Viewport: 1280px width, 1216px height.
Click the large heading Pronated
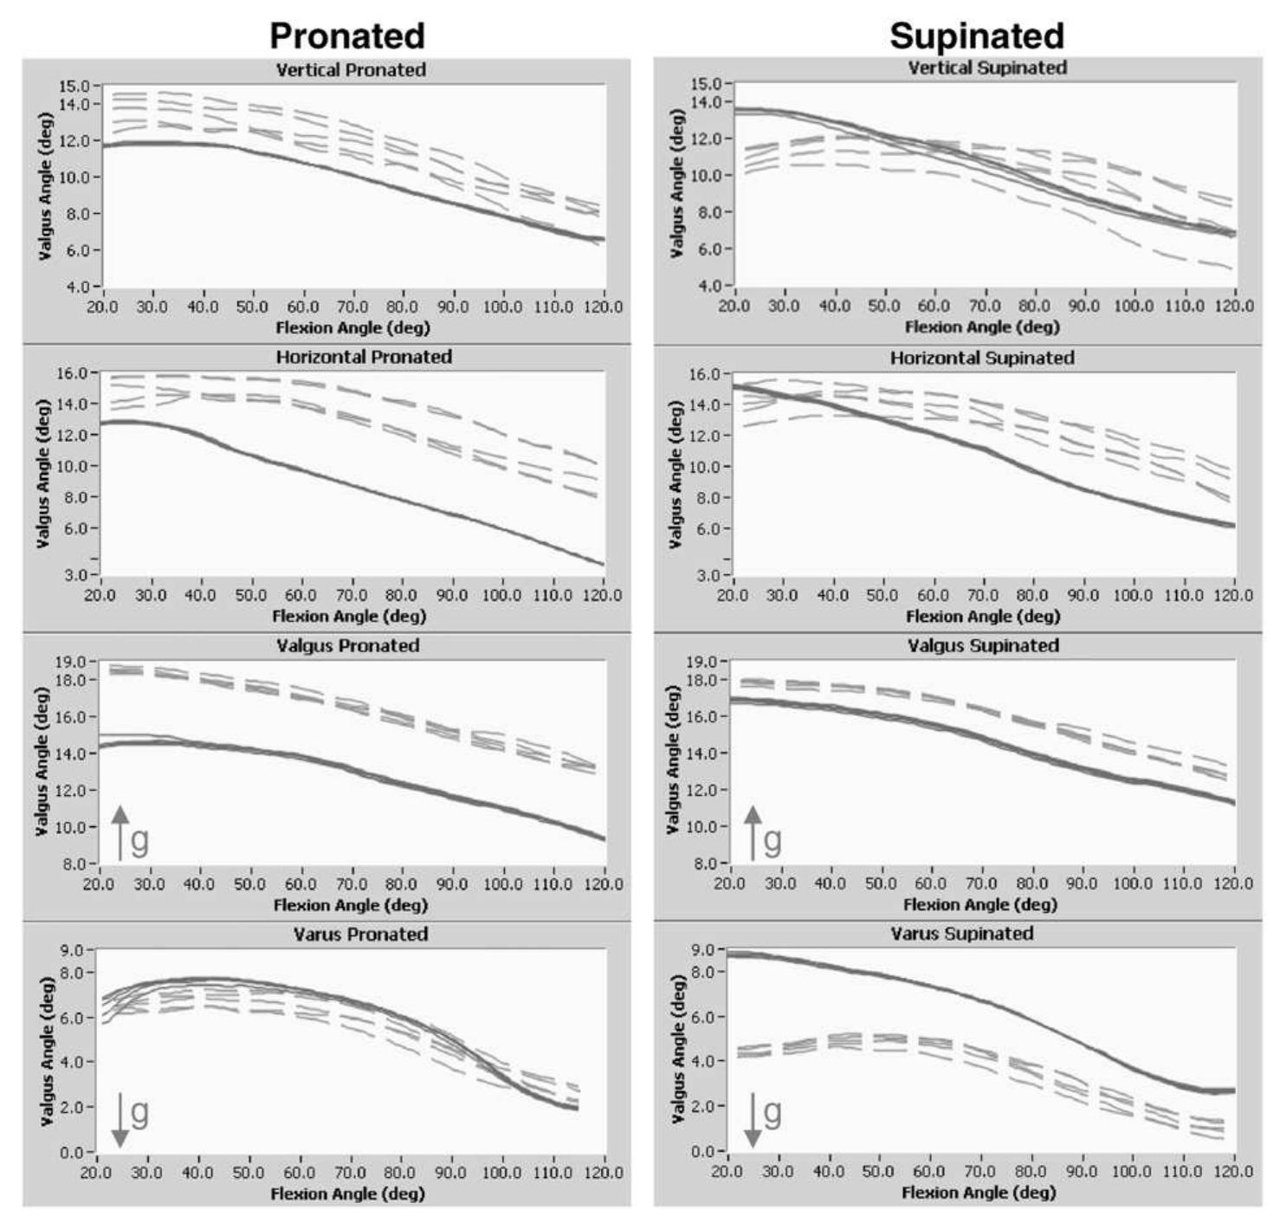[x=347, y=36]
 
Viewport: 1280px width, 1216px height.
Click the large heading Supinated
[x=976, y=36]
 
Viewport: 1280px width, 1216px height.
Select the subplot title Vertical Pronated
[x=351, y=69]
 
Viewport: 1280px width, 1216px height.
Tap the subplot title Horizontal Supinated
[x=982, y=358]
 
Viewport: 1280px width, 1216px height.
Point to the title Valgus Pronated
[x=347, y=645]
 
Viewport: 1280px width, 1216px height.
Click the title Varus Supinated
[x=962, y=934]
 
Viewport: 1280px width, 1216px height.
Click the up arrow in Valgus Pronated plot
[x=120, y=831]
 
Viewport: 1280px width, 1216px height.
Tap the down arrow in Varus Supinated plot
[x=753, y=1119]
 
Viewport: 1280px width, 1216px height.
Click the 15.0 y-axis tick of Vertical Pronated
[x=74, y=86]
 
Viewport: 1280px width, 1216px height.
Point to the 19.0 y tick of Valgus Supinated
[x=701, y=662]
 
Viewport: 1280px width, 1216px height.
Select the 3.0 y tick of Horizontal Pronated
[x=74, y=574]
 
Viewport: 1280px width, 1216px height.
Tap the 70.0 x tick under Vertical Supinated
[x=984, y=306]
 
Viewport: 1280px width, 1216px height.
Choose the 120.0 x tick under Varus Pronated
[x=603, y=1172]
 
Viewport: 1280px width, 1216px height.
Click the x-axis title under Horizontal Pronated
[x=349, y=616]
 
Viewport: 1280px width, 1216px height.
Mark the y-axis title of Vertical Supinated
[x=677, y=183]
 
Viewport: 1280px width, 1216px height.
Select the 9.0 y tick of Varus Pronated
[x=73, y=950]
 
